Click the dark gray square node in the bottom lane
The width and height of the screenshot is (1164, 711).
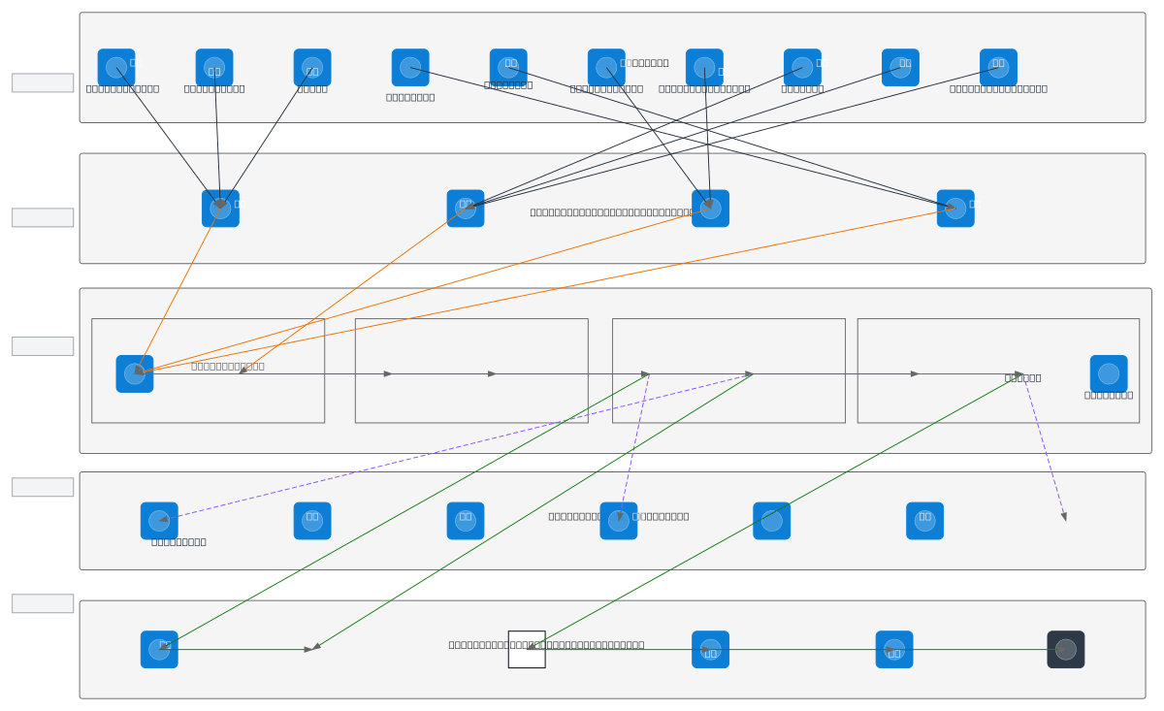(x=1065, y=650)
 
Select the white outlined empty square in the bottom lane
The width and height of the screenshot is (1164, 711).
(x=527, y=650)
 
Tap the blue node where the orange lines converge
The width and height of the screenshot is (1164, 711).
(x=135, y=373)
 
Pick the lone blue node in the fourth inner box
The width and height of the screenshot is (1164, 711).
(x=1108, y=373)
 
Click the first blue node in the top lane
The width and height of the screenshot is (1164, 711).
(x=116, y=68)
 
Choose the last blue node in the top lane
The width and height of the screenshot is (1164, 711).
(x=998, y=68)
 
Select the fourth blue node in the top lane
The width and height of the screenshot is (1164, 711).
(x=410, y=68)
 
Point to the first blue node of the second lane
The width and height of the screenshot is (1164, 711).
(x=220, y=209)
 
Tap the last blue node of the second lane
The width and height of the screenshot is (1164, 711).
(x=955, y=209)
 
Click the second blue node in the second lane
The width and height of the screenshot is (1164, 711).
(x=466, y=209)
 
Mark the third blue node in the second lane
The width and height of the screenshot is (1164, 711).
(x=710, y=209)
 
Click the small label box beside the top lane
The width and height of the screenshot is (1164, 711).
(x=43, y=83)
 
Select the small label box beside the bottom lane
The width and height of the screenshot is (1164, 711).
(x=43, y=603)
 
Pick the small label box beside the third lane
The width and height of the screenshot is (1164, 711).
(x=43, y=346)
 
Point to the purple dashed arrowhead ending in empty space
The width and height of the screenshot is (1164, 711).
(x=1064, y=517)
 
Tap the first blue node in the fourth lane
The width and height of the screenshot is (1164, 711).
(x=159, y=521)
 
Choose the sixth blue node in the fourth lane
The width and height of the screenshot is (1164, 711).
(x=924, y=521)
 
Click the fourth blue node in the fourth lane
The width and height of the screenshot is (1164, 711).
(x=619, y=521)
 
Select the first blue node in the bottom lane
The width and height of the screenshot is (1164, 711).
(x=159, y=650)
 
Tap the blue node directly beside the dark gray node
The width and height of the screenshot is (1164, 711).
(x=894, y=650)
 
